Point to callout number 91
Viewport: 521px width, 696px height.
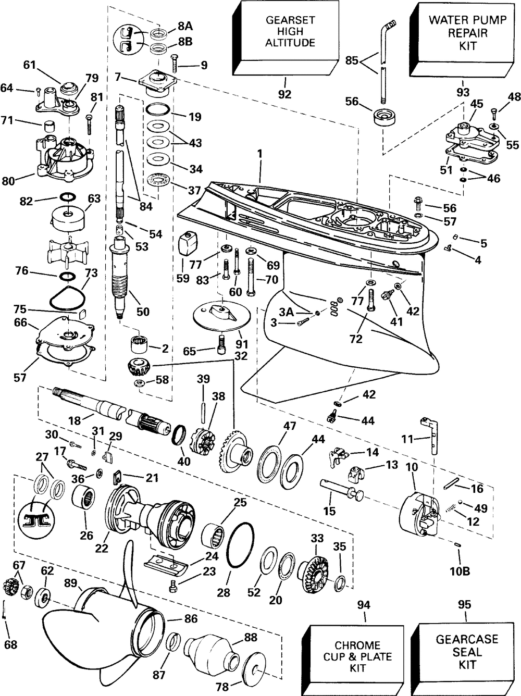pyautogui.click(x=242, y=344)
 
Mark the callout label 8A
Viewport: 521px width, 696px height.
pyautogui.click(x=185, y=26)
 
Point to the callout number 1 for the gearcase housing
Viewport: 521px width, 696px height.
pyautogui.click(x=260, y=154)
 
